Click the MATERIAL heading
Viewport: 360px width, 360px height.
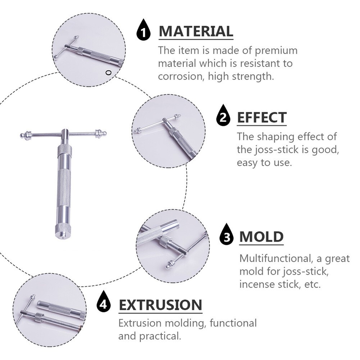[196, 31]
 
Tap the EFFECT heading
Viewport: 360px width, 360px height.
[262, 118]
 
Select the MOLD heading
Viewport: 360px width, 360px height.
[261, 237]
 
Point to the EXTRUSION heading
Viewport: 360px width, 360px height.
[161, 305]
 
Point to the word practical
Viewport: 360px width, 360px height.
[160, 336]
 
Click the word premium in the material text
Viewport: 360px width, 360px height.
[276, 51]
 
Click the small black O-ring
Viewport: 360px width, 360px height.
[109, 73]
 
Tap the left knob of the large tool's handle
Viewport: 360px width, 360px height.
[26, 135]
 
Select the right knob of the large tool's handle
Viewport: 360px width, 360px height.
[101, 133]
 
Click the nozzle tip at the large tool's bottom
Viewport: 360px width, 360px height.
[62, 237]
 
